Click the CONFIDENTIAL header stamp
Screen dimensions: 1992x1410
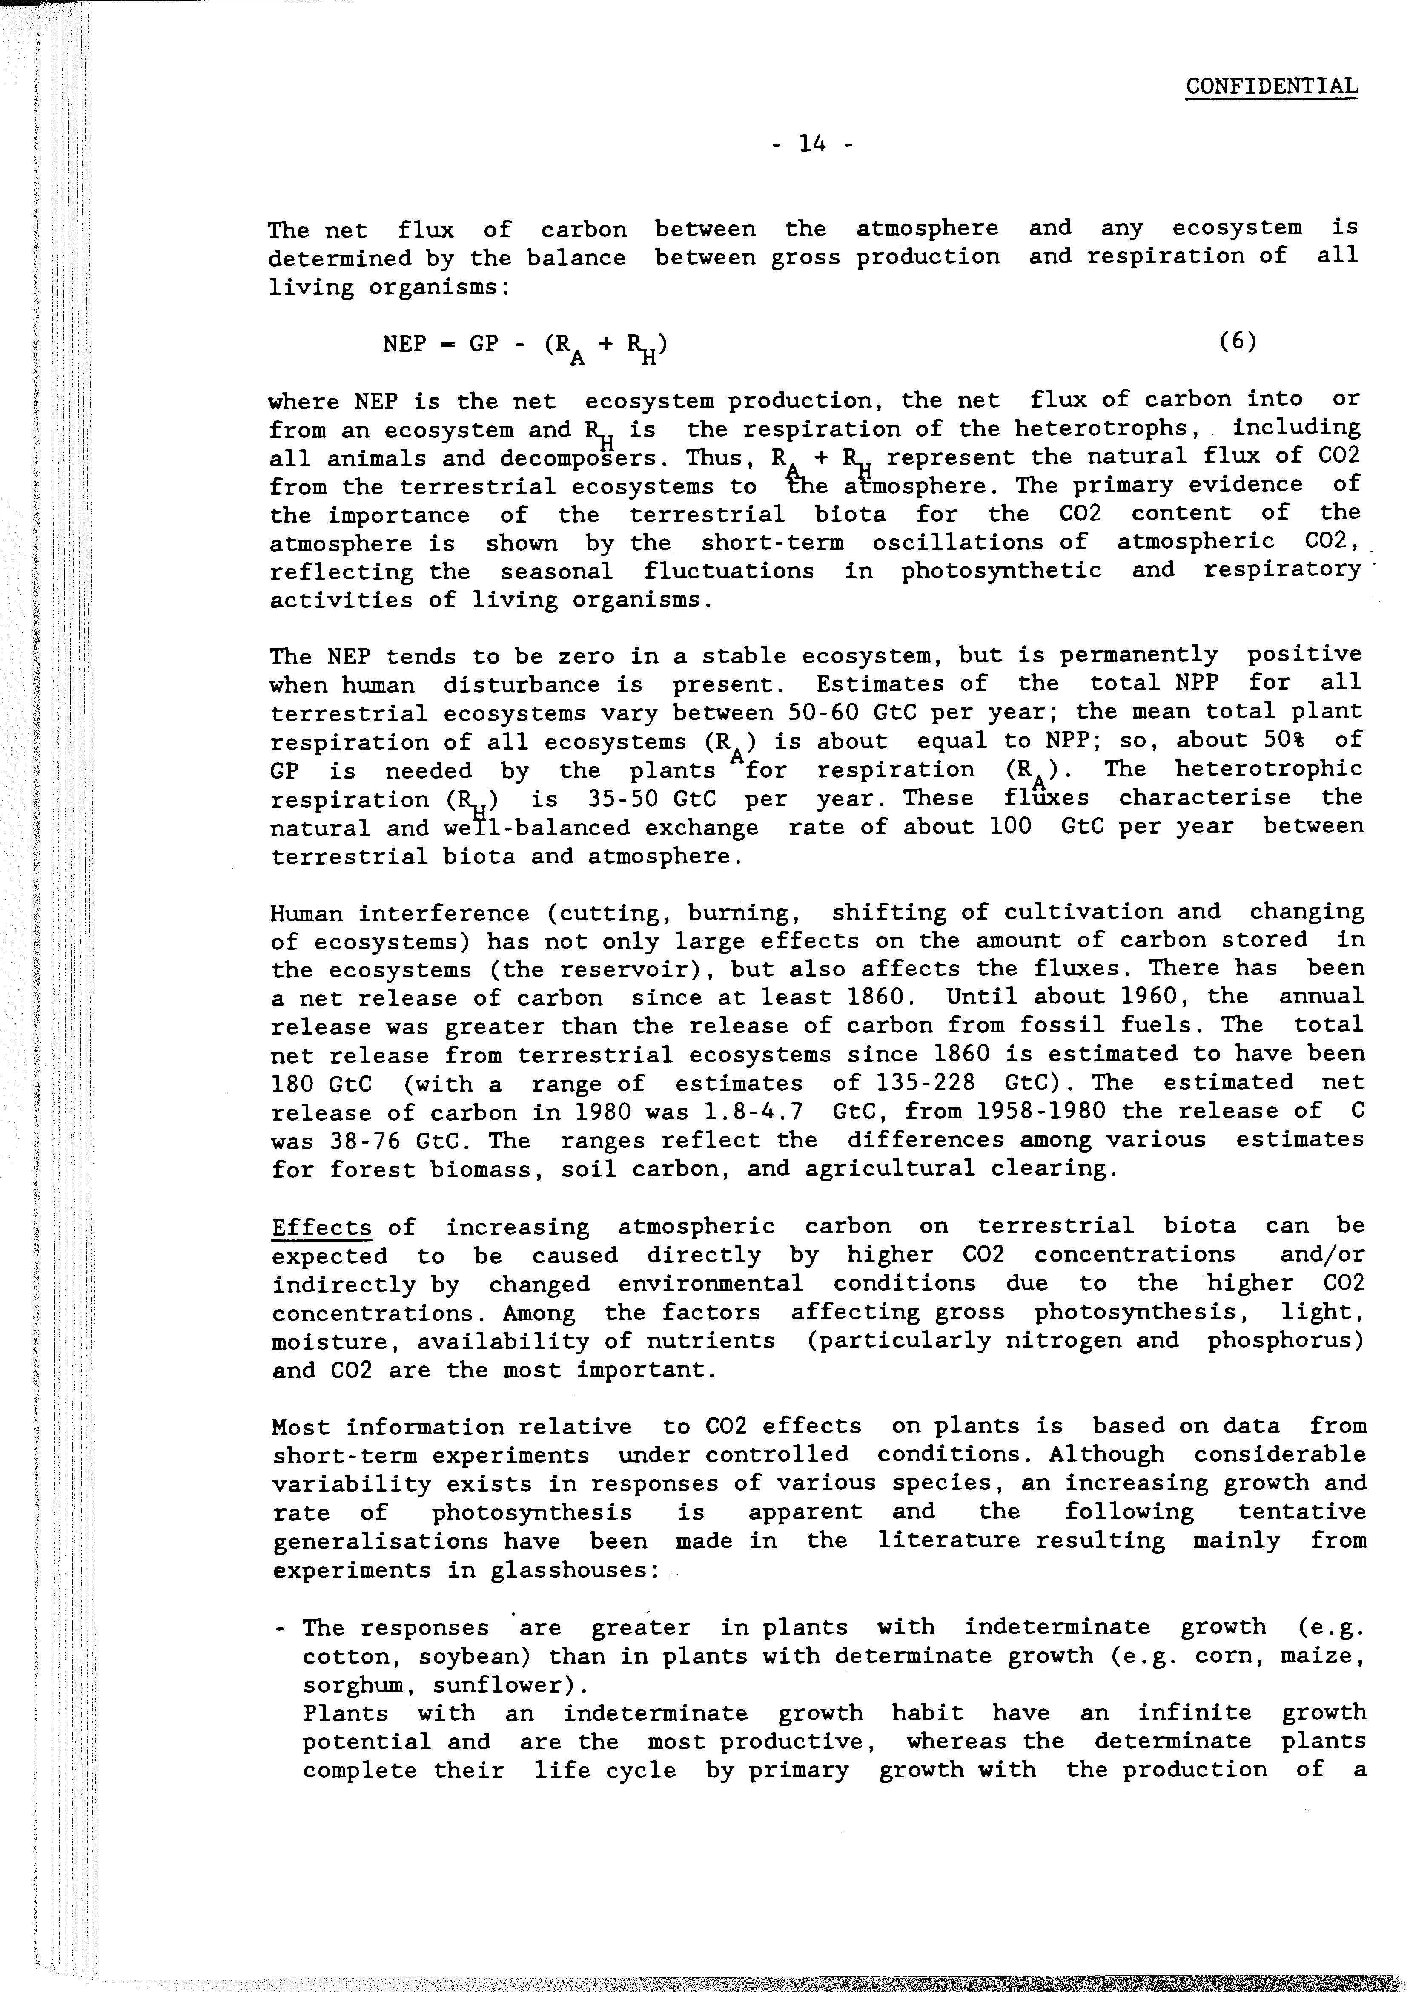(x=1271, y=87)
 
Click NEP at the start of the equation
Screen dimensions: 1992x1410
(x=404, y=344)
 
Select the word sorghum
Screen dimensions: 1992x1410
(x=352, y=1685)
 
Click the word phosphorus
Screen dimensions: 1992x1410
(x=1285, y=1341)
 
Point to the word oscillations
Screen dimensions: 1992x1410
(x=957, y=543)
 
